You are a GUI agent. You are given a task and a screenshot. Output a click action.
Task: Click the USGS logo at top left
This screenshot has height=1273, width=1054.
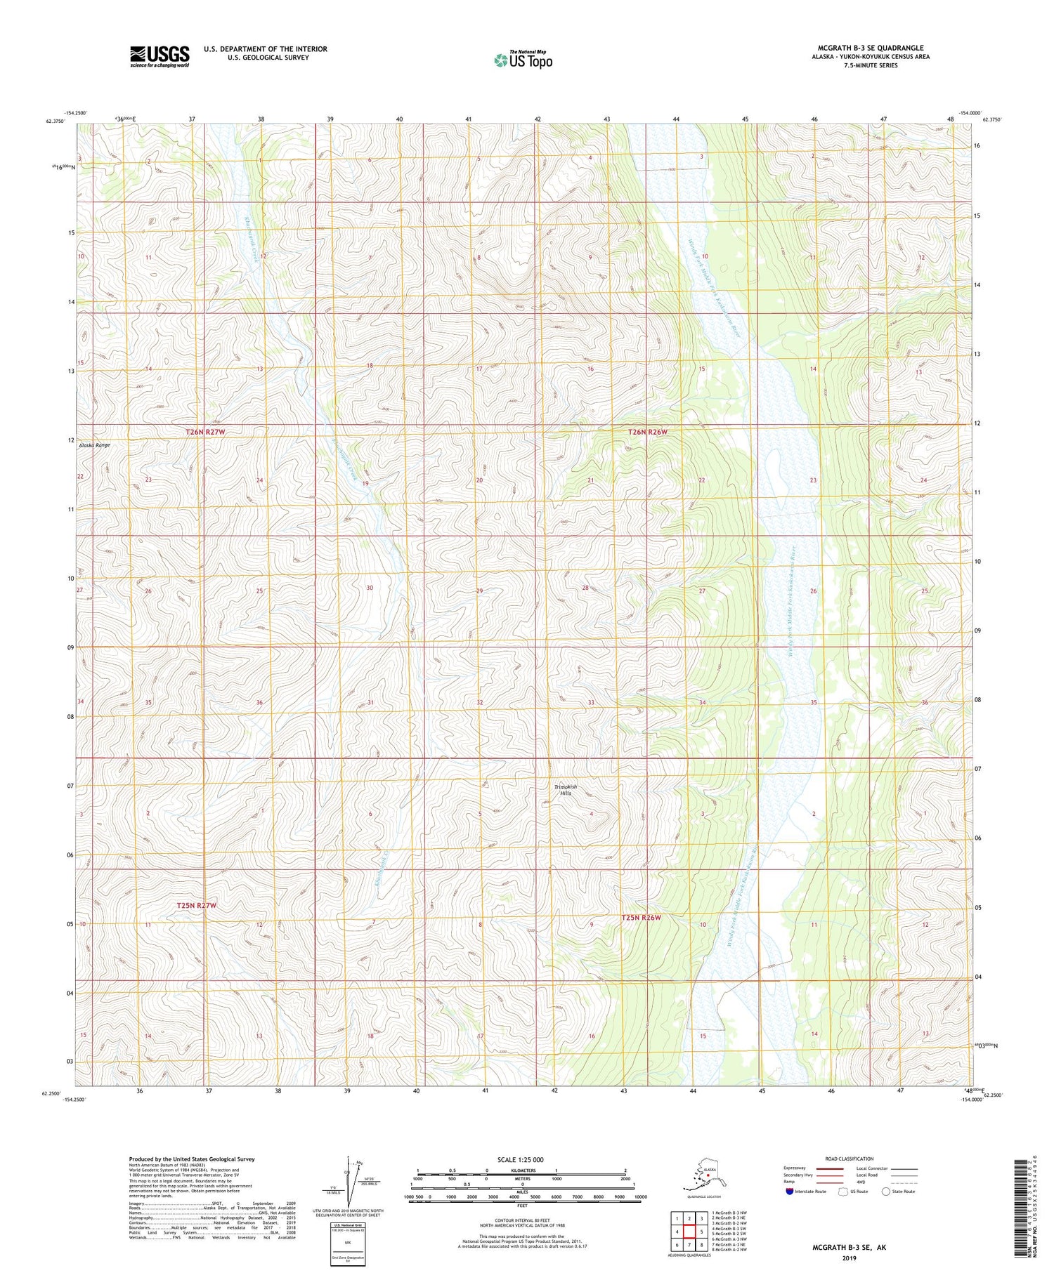(x=160, y=56)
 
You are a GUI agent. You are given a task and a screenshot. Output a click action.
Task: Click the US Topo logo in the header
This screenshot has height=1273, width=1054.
(x=523, y=60)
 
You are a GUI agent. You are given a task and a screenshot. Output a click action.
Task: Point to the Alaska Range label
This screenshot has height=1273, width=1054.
(x=94, y=445)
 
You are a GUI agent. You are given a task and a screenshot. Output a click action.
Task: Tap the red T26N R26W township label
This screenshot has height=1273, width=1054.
(x=647, y=432)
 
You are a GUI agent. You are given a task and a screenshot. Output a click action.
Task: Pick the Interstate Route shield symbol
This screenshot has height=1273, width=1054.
(x=790, y=1192)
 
